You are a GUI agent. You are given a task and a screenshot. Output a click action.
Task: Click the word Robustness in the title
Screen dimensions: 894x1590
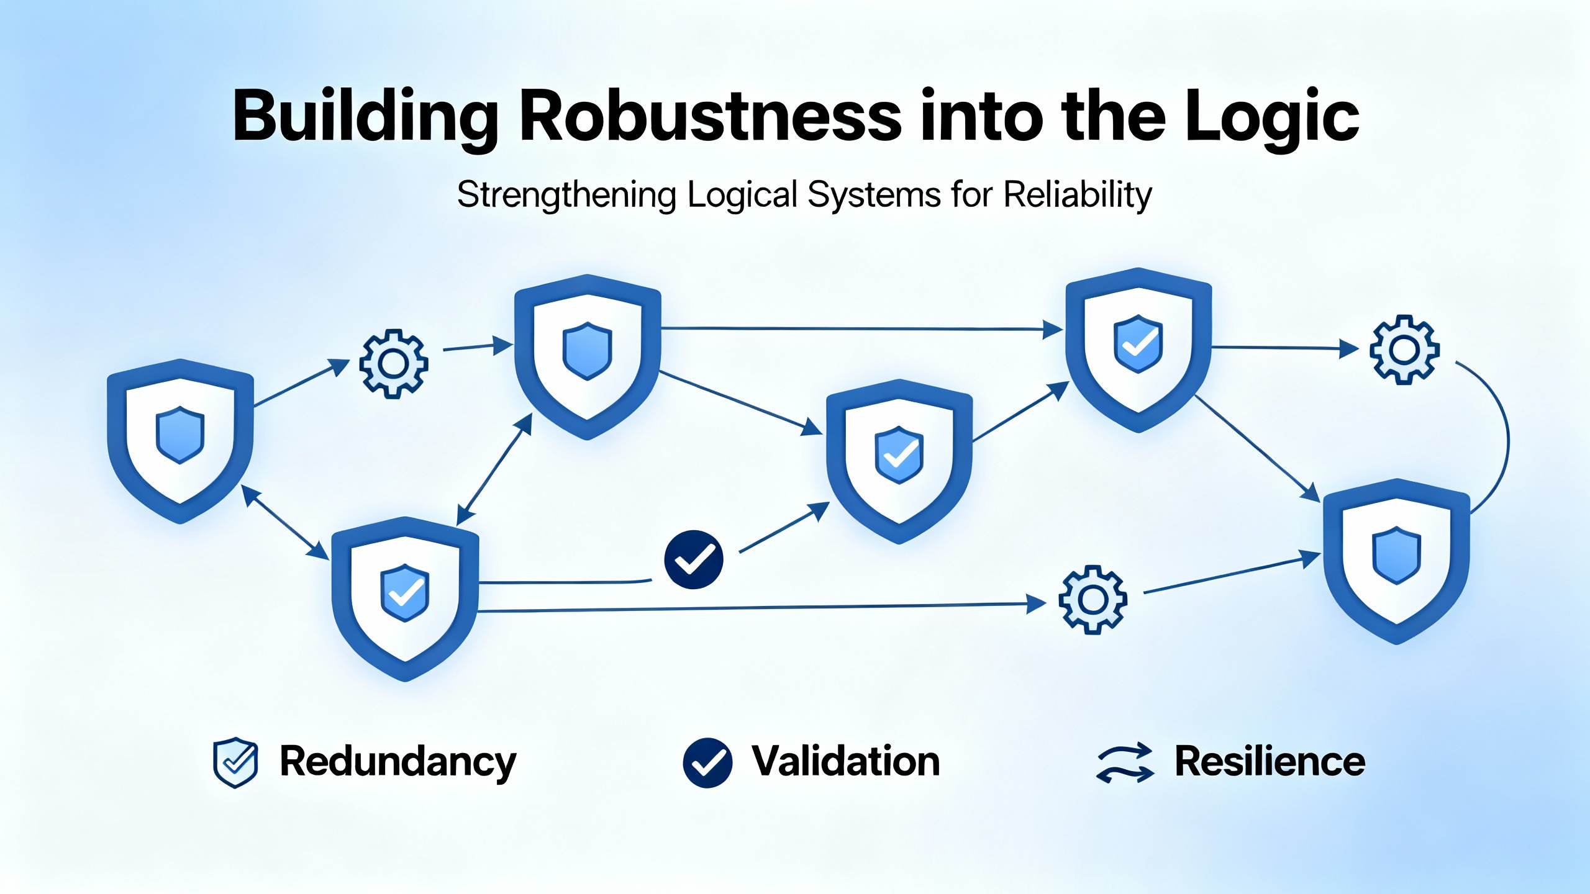coord(710,116)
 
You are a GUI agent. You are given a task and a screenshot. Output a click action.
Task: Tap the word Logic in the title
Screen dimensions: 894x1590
coord(1271,118)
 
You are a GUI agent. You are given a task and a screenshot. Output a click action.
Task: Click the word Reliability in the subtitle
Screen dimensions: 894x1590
coord(1078,195)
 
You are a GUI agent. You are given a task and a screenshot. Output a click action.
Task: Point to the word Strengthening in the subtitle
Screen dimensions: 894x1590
coord(566,196)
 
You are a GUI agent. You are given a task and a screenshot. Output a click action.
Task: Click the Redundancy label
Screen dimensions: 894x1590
coord(397,762)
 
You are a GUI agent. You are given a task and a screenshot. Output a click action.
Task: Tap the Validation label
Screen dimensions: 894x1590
coord(845,761)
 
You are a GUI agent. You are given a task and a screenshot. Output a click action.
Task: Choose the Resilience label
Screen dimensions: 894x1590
coord(1270,762)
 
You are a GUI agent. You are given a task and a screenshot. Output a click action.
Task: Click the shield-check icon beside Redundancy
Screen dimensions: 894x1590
coord(235,762)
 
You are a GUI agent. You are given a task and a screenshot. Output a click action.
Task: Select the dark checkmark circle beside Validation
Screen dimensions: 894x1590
coord(707,763)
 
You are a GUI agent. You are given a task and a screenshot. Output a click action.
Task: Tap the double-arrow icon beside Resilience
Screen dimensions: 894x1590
coord(1125,762)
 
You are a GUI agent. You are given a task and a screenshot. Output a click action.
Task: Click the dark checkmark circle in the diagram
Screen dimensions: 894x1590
coord(694,559)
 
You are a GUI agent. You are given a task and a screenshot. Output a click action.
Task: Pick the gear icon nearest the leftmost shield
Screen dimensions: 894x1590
coord(393,363)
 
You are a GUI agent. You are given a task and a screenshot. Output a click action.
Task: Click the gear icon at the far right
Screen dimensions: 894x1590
coord(1404,350)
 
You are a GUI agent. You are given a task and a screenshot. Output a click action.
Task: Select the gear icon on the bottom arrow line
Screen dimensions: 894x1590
coord(1093,600)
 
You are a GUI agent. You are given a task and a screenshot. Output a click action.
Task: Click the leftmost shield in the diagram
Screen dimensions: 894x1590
coord(180,441)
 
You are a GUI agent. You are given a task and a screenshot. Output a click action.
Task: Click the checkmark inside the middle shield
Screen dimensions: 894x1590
coord(900,455)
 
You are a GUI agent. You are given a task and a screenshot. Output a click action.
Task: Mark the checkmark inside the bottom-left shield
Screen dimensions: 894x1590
coord(406,593)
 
